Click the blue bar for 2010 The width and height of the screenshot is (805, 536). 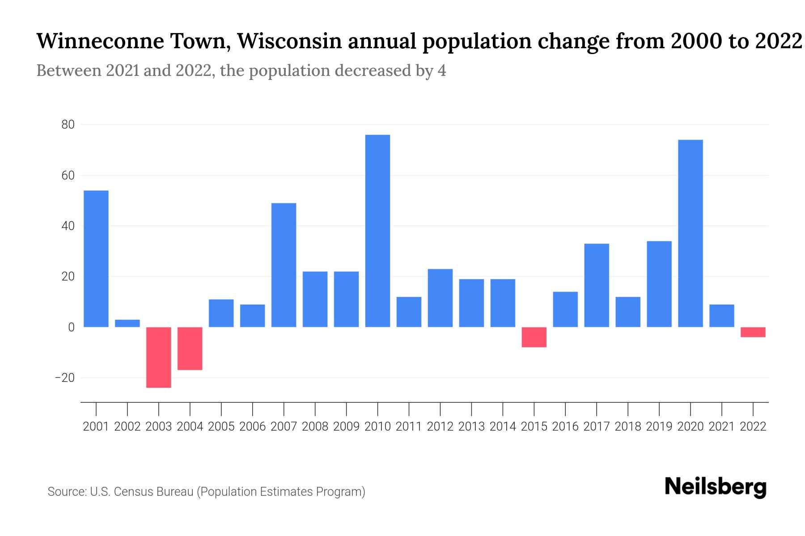pos(377,231)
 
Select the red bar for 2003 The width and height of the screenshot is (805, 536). pos(159,357)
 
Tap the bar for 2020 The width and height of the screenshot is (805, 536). pos(690,234)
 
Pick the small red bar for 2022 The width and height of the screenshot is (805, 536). pos(753,332)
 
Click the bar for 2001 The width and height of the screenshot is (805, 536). pos(96,259)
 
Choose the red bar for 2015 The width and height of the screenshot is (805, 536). pos(534,337)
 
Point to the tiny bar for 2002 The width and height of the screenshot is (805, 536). pos(127,323)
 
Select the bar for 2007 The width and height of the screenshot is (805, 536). pos(284,265)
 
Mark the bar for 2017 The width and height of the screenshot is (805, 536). pos(596,285)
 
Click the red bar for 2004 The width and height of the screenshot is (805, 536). pos(190,348)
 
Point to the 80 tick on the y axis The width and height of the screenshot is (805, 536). pos(68,125)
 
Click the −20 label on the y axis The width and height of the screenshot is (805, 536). pos(65,378)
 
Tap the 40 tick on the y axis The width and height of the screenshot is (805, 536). pos(68,226)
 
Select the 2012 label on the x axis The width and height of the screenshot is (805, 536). pos(440,427)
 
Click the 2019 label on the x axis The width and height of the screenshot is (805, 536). pos(659,427)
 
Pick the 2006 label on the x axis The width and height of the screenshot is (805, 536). pos(252,427)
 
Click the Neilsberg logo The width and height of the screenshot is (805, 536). pos(716,487)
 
